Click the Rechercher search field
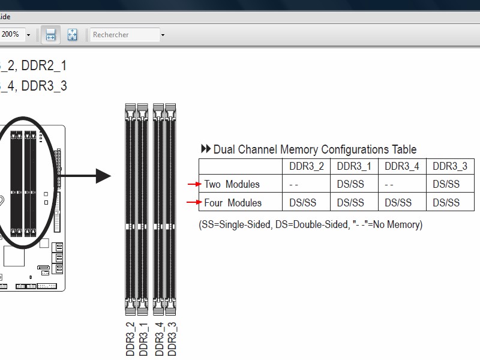(125, 35)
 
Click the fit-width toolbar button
(50, 35)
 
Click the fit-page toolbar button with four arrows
(72, 35)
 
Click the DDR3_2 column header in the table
(306, 166)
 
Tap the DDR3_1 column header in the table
(354, 166)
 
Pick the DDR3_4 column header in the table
(402, 166)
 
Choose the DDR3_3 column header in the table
(450, 166)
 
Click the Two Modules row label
(232, 184)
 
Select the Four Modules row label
(233, 203)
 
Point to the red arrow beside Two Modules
(194, 184)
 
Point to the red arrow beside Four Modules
(194, 203)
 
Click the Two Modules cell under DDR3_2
(294, 184)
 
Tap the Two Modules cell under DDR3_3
(446, 184)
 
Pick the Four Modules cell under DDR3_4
(398, 203)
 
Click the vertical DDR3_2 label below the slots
(130, 339)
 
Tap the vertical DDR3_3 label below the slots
(172, 339)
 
